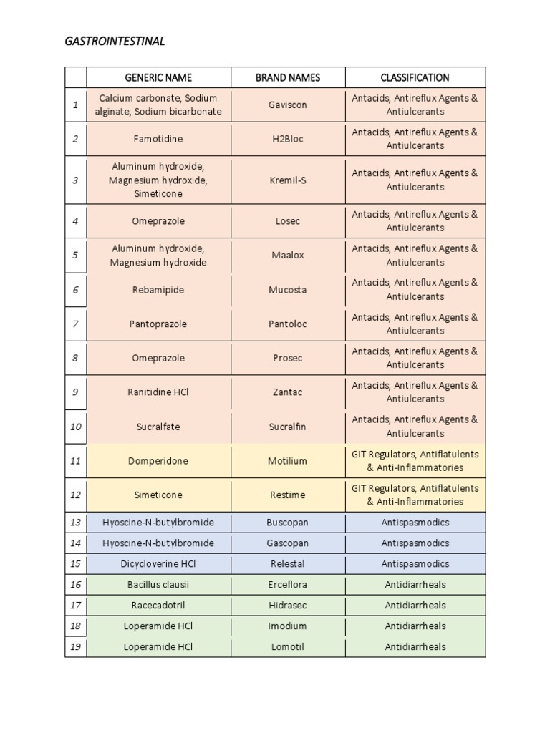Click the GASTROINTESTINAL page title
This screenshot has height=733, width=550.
[x=115, y=42]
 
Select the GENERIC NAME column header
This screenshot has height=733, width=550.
[x=158, y=77]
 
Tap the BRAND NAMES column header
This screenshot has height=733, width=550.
[x=288, y=77]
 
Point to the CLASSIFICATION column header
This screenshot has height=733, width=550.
[x=415, y=77]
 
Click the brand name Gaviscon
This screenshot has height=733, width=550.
[x=288, y=105]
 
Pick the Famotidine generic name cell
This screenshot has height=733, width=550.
[x=158, y=139]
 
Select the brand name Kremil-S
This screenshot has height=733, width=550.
[x=288, y=180]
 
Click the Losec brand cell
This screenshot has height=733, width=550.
[x=288, y=221]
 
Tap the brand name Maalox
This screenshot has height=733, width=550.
[x=288, y=256]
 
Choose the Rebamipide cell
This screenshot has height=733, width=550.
[x=158, y=290]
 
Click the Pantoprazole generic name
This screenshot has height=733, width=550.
[x=158, y=324]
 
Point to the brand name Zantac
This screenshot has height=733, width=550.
[x=288, y=392]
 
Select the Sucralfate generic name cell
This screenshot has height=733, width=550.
[x=158, y=427]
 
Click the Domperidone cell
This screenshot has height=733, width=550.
[x=158, y=461]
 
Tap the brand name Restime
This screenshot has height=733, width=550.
[x=288, y=495]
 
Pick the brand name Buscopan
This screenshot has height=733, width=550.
[x=288, y=523]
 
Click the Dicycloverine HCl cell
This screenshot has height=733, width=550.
[x=158, y=564]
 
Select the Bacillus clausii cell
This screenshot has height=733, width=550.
[x=158, y=585]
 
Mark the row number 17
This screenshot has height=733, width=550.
[x=75, y=606]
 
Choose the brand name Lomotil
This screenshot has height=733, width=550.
[x=288, y=647]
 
